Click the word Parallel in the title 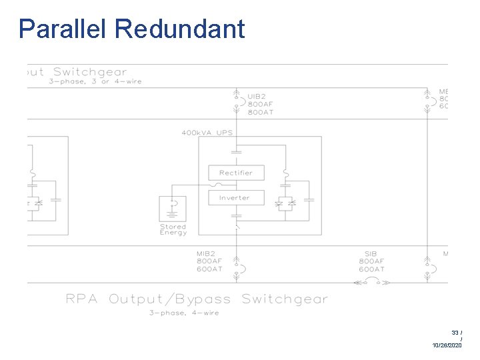click(63, 29)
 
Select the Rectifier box click(235, 173)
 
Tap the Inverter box click(235, 197)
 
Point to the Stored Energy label click(173, 229)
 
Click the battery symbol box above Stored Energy click(173, 209)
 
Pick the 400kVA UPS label click(207, 133)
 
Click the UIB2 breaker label click(258, 95)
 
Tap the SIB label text click(371, 254)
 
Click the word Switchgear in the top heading click(90, 72)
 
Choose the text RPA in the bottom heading click(83, 299)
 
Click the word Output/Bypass click(170, 299)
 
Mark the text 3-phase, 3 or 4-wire click(95, 82)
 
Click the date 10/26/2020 click(447, 345)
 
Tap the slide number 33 click(455, 332)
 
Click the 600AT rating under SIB click(371, 269)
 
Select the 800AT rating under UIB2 click(260, 112)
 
